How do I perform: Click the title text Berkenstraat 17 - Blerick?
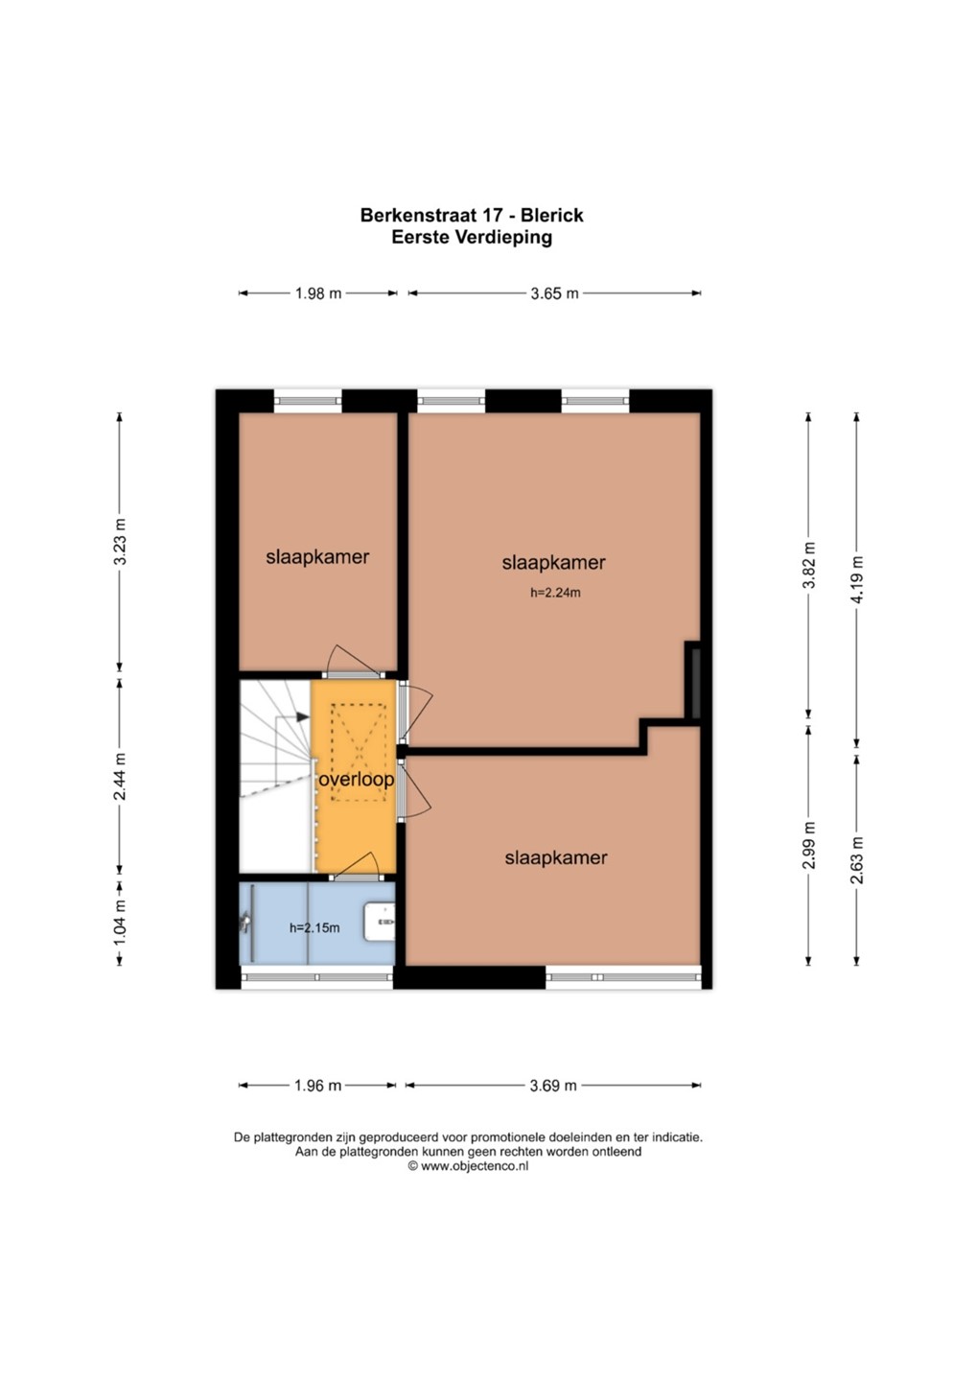pos(472,215)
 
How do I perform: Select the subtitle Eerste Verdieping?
pos(472,238)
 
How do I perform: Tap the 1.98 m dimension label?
pos(318,293)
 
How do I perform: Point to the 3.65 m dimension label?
pos(554,293)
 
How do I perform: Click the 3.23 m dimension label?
pos(120,541)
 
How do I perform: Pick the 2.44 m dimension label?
pos(120,776)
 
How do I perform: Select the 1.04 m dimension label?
pos(120,923)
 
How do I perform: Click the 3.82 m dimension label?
pos(809,566)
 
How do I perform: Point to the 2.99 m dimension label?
pos(809,845)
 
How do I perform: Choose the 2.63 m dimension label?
pos(856,860)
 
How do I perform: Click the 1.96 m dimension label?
pos(317,1085)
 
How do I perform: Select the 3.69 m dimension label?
pos(553,1085)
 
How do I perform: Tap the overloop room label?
pos(356,780)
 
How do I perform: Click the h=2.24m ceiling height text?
pos(555,593)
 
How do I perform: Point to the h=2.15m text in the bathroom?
pos(314,928)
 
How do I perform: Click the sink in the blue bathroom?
pos(380,922)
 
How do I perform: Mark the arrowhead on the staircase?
pos(302,717)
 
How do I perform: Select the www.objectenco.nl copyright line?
pos(468,1166)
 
